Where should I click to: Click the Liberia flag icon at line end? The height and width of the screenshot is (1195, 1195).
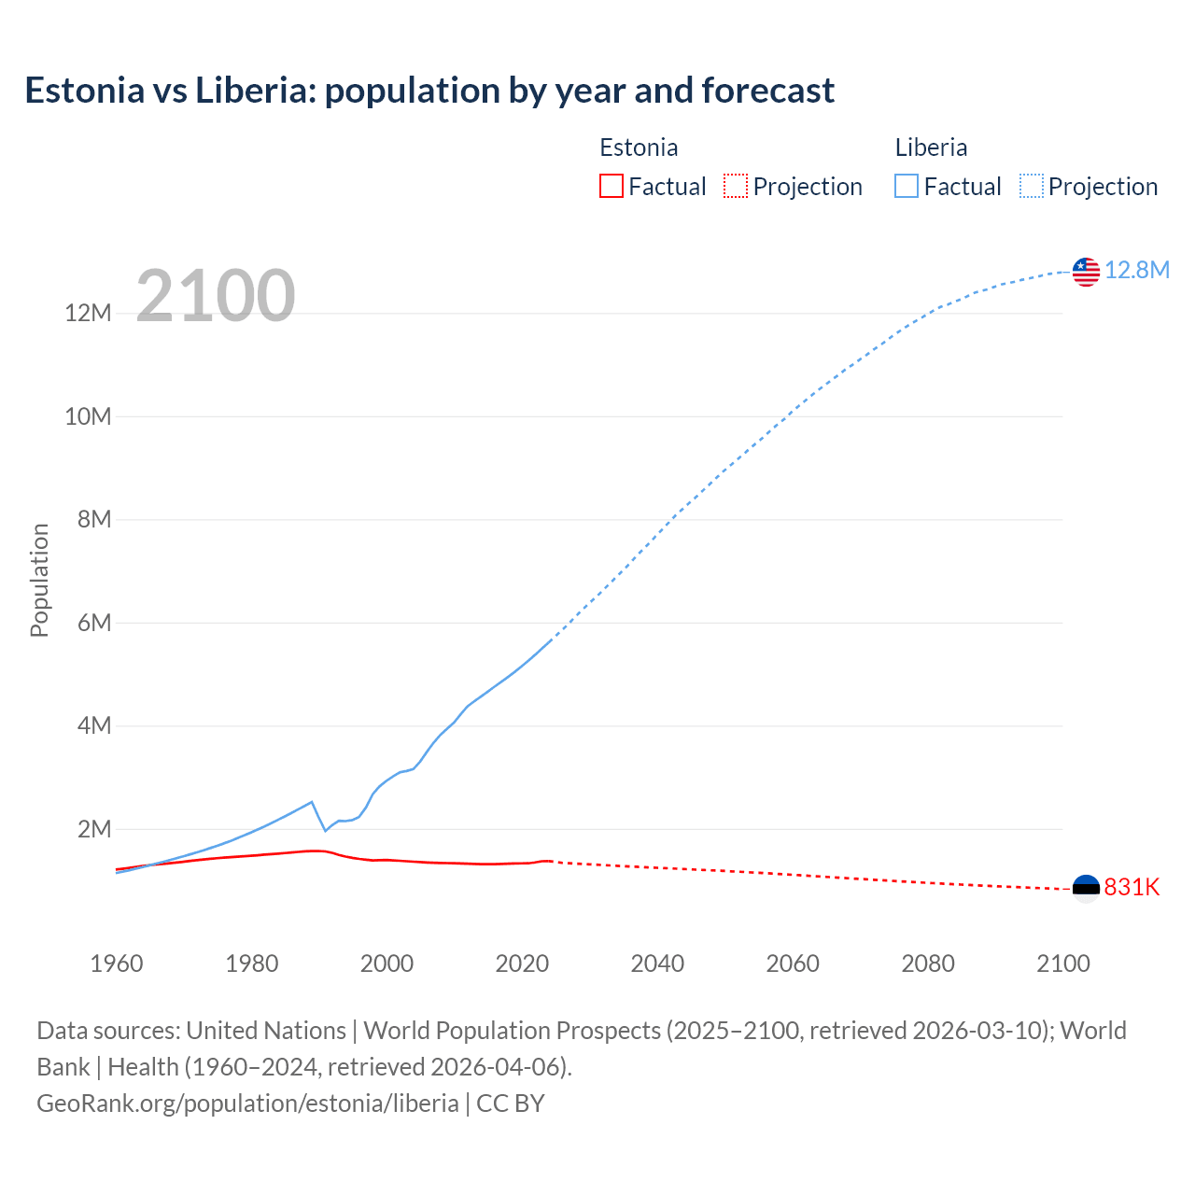pos(1086,272)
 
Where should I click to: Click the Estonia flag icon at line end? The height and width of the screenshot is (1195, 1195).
pos(1086,888)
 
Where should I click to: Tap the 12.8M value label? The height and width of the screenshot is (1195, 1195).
pos(1137,271)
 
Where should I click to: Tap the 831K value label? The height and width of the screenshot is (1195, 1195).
pos(1132,887)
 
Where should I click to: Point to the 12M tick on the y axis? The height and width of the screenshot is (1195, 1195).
pos(88,313)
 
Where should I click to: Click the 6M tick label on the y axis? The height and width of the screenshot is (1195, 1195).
pos(93,623)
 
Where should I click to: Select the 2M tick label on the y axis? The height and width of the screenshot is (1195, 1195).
pos(93,829)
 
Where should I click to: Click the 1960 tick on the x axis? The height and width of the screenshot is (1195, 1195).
pos(117,963)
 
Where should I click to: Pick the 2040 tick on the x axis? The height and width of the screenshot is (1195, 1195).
pos(657,963)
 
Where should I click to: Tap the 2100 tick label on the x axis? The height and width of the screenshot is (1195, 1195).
pos(1062,963)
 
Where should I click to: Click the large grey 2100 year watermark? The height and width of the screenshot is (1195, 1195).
pos(216,296)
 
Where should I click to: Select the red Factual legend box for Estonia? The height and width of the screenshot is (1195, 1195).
pos(611,186)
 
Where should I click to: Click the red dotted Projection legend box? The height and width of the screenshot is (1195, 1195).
pos(736,186)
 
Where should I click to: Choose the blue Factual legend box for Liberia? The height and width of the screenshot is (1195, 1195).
pos(906,186)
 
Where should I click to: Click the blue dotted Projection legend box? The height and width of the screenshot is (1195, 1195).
pos(1031,186)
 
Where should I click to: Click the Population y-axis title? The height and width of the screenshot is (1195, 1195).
pos(39,580)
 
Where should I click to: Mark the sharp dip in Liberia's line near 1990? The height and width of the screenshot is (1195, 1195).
pos(325,830)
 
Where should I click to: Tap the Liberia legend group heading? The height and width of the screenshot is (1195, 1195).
pos(931,148)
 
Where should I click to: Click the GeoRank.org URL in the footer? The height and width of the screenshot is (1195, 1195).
pos(247,1103)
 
